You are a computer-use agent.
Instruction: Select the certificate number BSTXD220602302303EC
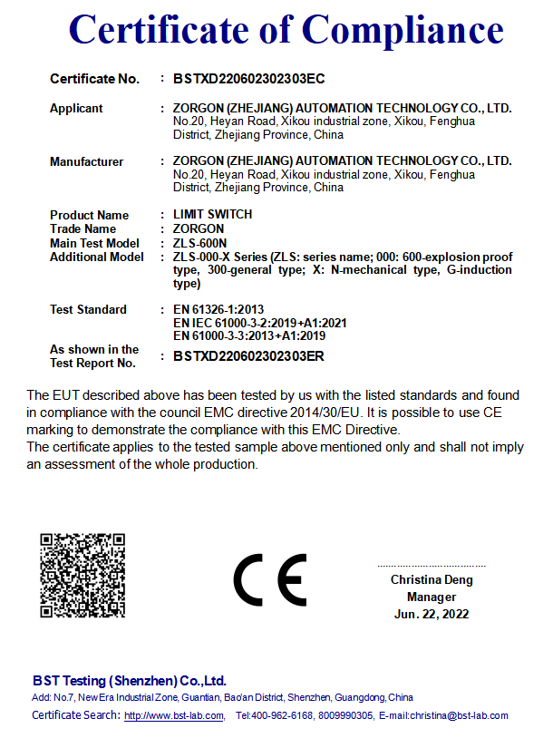248,79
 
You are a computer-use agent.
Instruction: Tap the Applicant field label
76,109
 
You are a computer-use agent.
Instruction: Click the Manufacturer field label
86,162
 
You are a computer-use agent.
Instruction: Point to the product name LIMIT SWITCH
212,215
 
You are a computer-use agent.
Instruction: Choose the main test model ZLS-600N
200,243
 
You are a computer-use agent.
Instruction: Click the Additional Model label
96,257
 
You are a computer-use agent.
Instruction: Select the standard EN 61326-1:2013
218,310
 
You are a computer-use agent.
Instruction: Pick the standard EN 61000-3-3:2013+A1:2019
249,335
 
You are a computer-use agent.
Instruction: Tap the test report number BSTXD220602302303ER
248,356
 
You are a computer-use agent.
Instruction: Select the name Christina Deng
432,580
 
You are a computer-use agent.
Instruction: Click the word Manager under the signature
432,597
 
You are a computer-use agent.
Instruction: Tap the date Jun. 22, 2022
432,615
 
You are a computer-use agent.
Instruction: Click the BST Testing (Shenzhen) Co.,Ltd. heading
129,681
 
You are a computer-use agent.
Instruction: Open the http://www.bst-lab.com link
174,716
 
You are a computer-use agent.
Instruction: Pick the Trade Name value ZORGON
199,229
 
